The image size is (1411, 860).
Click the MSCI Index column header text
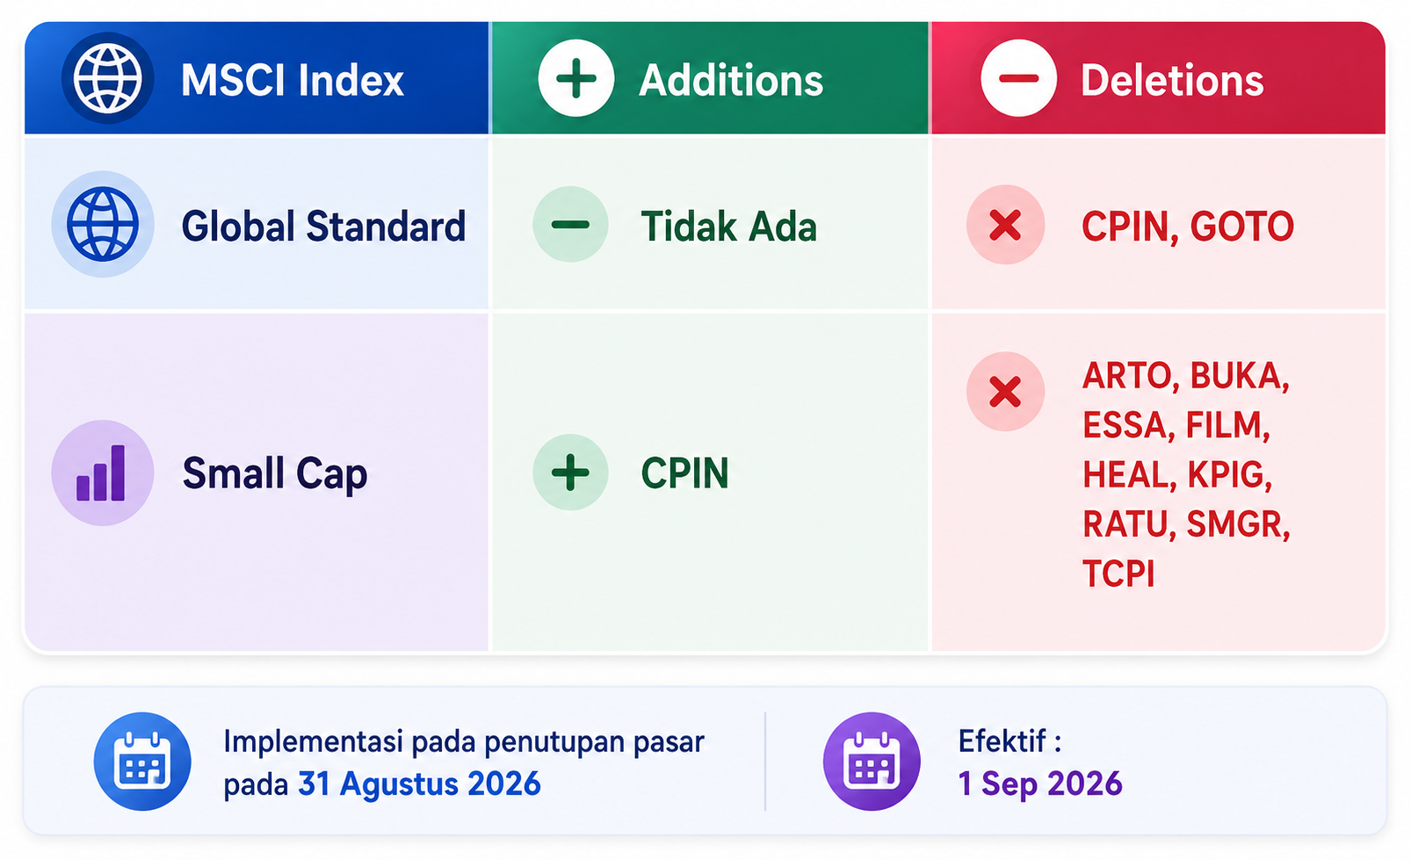[292, 80]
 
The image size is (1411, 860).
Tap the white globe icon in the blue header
[108, 78]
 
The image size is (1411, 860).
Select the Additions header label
[731, 80]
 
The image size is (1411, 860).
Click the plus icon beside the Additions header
[575, 78]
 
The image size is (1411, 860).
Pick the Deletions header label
[1172, 80]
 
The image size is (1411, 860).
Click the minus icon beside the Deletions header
[1018, 78]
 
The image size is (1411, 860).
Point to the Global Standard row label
[324, 226]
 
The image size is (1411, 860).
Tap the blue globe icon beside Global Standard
[103, 224]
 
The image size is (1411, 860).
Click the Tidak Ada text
[729, 226]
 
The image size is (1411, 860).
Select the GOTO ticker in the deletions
[1241, 226]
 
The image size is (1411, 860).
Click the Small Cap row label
[275, 473]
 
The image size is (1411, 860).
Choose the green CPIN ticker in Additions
[684, 473]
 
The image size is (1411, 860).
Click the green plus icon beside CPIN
[570, 472]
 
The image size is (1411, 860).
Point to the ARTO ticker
[1126, 376]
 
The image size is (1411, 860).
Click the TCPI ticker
[1118, 574]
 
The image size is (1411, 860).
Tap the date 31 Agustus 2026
[419, 784]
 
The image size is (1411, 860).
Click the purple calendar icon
[872, 761]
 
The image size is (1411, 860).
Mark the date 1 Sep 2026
[1040, 784]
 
